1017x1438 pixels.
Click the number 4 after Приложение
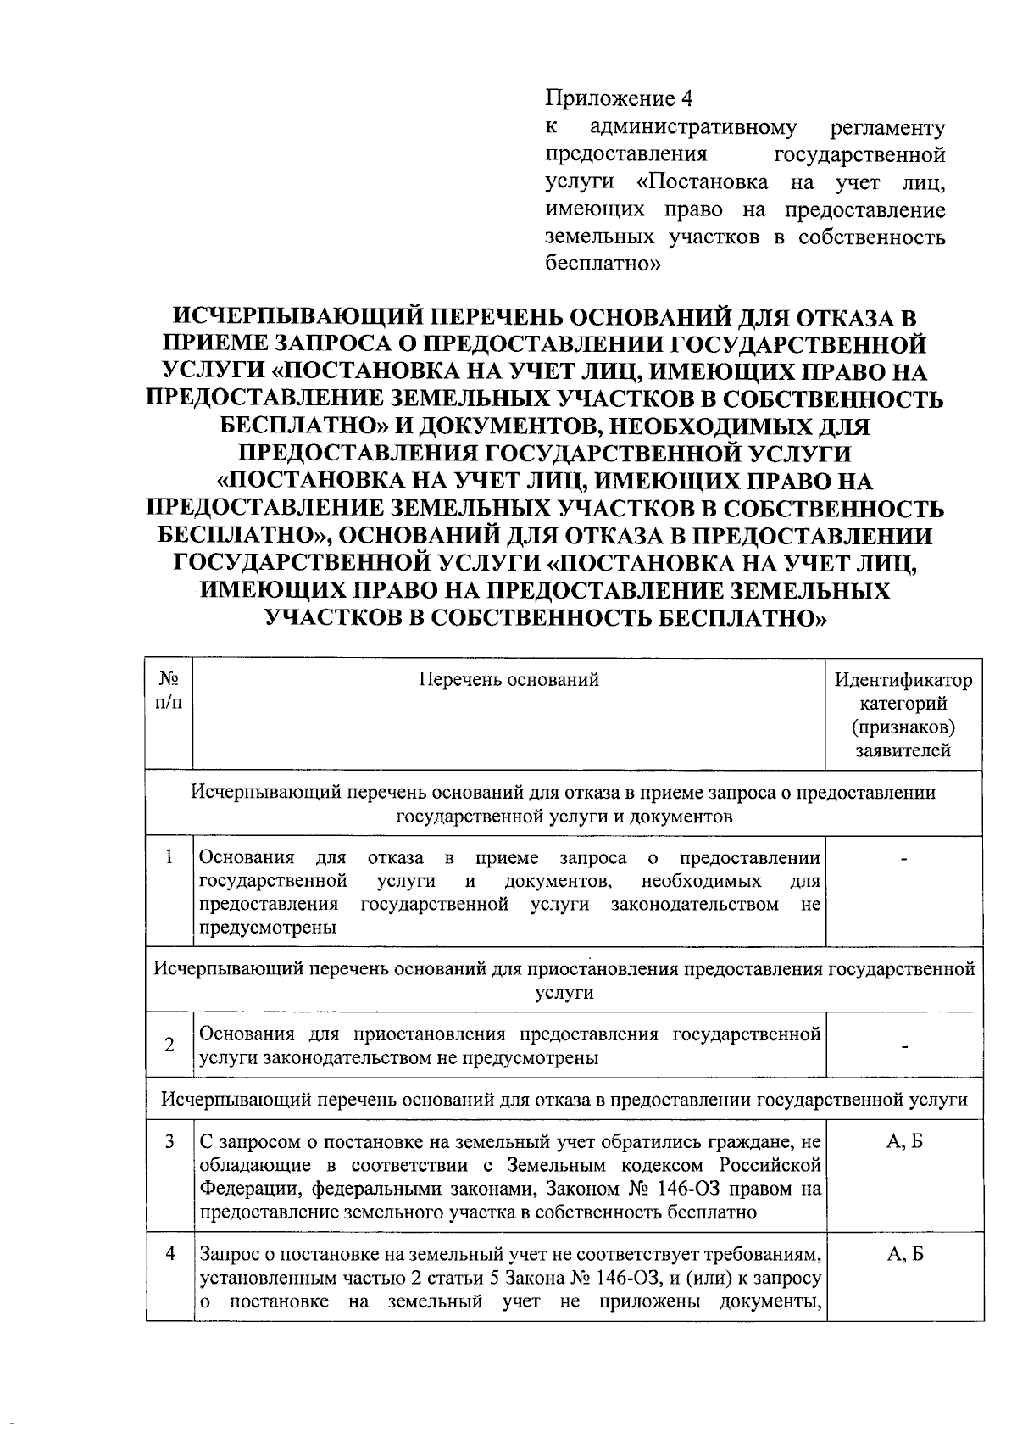(x=686, y=99)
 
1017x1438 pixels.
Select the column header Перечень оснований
(x=509, y=679)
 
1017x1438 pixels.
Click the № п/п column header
(x=169, y=690)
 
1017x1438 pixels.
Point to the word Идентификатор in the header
(x=903, y=680)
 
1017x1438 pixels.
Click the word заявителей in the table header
(x=903, y=750)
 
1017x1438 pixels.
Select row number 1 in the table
(x=169, y=858)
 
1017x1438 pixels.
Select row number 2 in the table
(x=169, y=1045)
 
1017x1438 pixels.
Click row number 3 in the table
(x=169, y=1141)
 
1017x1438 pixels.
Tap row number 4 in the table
(x=169, y=1253)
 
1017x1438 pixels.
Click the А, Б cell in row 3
(x=904, y=1141)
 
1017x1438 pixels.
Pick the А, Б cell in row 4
(x=904, y=1253)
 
